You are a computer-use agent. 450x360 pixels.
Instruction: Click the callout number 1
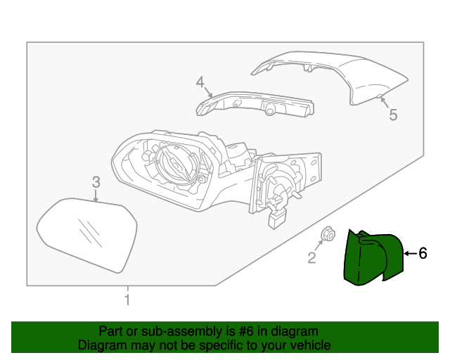coord(127,301)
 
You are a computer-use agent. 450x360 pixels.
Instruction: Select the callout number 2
coord(311,258)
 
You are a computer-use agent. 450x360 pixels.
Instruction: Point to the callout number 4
coord(200,83)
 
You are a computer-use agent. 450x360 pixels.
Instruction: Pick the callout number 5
coord(393,115)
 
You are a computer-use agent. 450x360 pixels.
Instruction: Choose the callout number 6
coord(423,253)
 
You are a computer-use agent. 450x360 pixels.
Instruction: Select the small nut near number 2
coord(328,235)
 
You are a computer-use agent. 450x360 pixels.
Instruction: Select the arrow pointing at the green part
coord(410,253)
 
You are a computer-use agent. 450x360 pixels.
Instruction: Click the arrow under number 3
coord(96,197)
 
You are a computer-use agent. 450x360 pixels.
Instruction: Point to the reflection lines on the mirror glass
coord(89,229)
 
